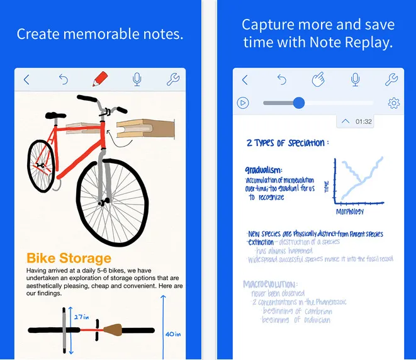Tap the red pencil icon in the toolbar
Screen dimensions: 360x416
[100, 80]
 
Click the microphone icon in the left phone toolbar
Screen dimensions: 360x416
[137, 80]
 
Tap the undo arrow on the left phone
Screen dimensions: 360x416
[64, 80]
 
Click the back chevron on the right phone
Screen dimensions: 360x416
[245, 80]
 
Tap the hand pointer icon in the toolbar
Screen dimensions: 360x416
[318, 80]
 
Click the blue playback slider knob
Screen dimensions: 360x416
[299, 103]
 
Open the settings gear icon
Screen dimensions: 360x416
[394, 103]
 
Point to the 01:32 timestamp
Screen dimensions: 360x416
[363, 121]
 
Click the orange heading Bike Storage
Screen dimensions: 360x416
[69, 258]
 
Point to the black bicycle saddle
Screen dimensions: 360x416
[54, 115]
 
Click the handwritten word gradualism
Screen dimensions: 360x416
[264, 170]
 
